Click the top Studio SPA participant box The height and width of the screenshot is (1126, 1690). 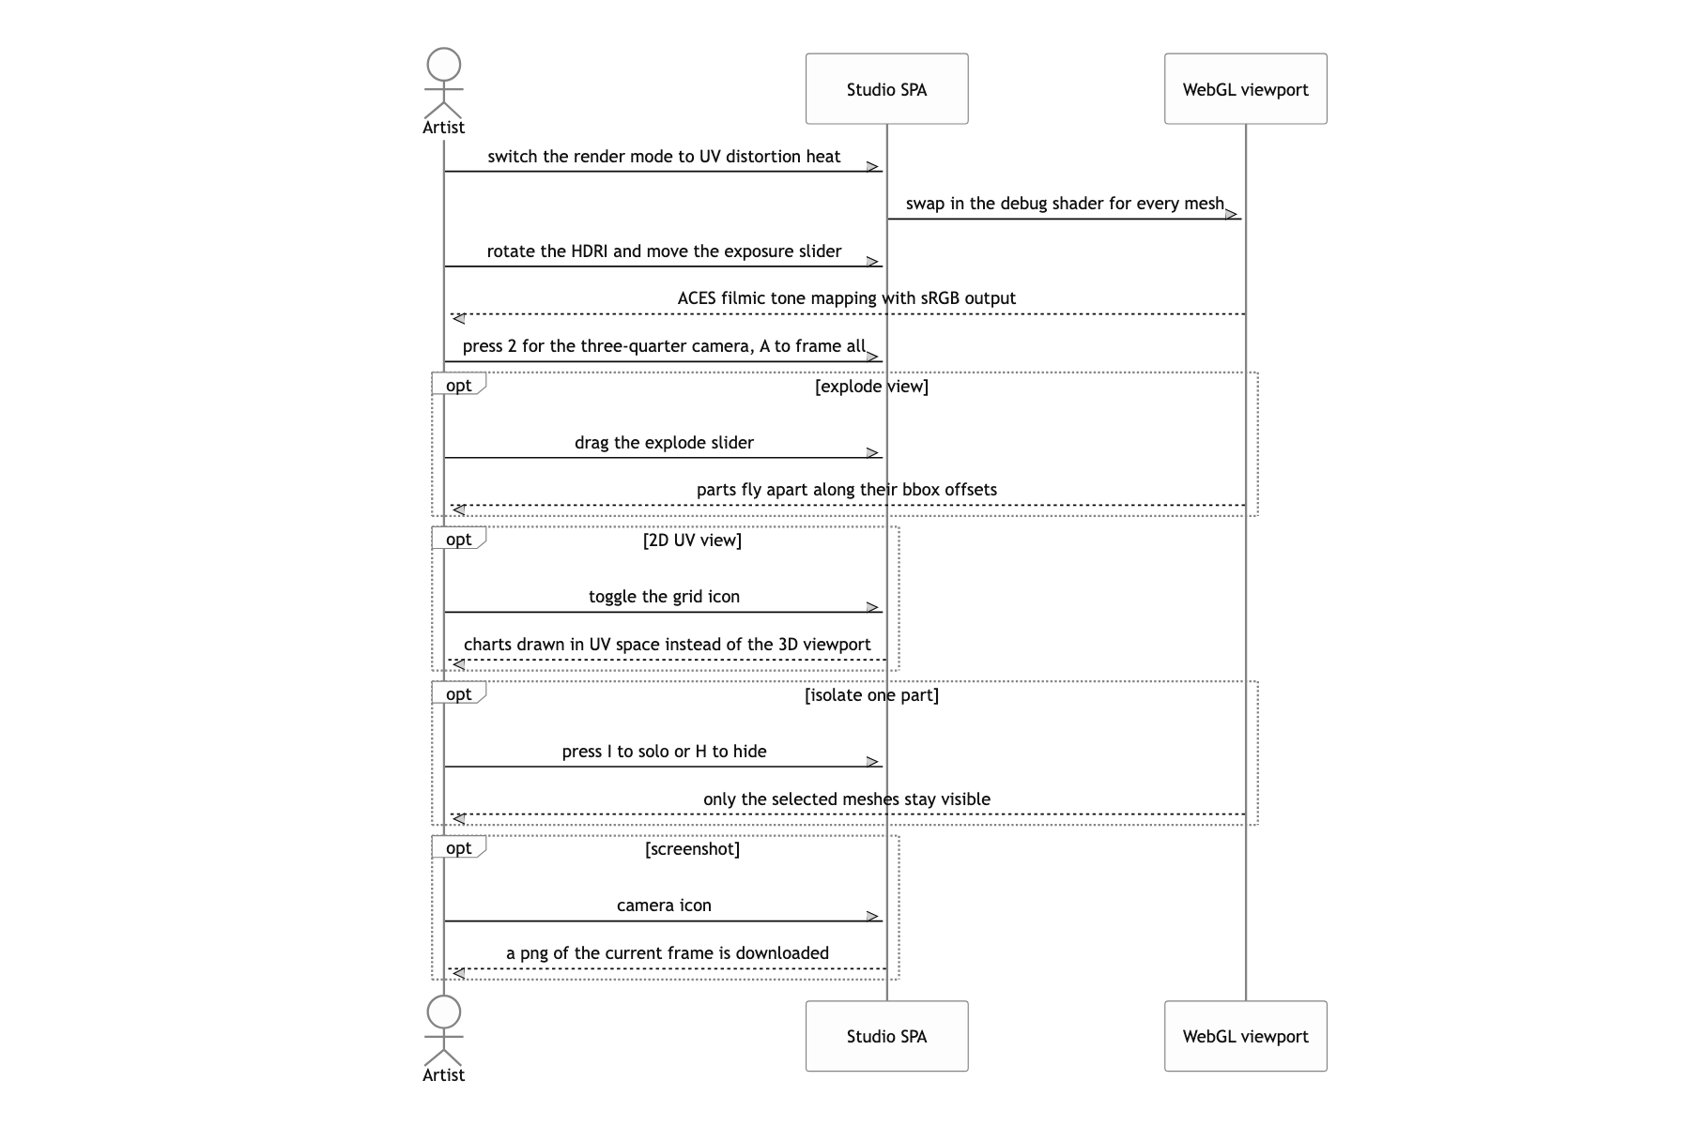click(x=886, y=89)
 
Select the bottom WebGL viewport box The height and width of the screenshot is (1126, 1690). click(x=1245, y=1036)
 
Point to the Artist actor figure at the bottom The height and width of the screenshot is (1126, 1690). click(x=443, y=1040)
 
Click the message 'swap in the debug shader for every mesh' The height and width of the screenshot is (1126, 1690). click(x=1065, y=204)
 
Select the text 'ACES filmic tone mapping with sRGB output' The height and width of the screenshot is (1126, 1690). click(x=847, y=298)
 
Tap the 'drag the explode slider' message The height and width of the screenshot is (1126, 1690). click(x=664, y=443)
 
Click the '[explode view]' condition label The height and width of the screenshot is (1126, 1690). click(x=871, y=387)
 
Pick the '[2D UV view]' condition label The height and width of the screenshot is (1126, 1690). click(x=692, y=540)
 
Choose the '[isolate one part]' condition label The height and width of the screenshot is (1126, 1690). click(x=871, y=695)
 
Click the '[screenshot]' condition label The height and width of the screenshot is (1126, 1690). click(x=692, y=849)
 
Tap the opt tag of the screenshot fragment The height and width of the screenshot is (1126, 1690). click(x=458, y=848)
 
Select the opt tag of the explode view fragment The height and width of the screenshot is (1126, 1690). click(x=458, y=385)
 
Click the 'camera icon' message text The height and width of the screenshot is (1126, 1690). click(x=664, y=905)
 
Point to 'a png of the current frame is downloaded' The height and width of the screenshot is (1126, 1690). click(x=668, y=953)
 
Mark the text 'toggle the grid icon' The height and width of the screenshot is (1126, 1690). click(x=664, y=597)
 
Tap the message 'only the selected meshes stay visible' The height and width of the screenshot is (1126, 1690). click(x=847, y=799)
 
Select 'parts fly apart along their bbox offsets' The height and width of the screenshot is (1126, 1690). click(x=847, y=490)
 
